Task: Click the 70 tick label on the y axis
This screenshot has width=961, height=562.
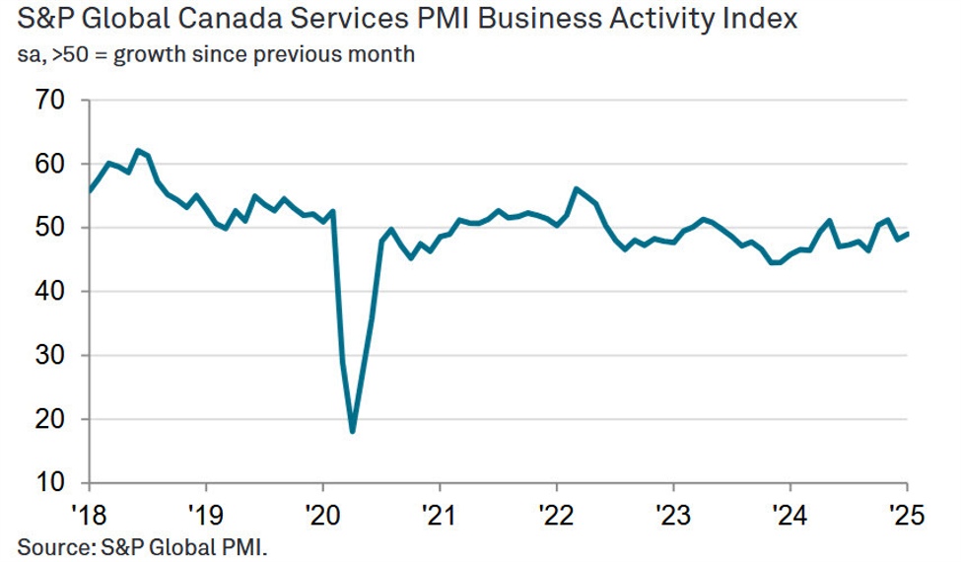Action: (x=49, y=101)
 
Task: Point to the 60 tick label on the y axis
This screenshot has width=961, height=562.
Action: (x=49, y=164)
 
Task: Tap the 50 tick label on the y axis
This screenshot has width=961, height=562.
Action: (x=49, y=228)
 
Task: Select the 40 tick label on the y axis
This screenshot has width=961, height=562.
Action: (x=49, y=292)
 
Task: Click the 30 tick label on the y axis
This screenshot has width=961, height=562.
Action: (x=49, y=355)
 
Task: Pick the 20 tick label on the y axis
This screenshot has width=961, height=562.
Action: (x=49, y=419)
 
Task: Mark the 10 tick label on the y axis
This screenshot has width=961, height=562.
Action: (x=49, y=483)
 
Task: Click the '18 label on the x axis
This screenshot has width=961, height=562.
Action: (x=89, y=514)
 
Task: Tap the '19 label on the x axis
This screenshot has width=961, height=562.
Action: (x=206, y=514)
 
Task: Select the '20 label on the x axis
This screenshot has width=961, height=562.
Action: (x=322, y=514)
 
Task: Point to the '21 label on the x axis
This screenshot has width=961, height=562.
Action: (x=440, y=514)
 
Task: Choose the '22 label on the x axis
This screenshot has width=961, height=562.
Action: (x=556, y=514)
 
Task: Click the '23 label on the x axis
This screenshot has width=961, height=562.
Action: (x=673, y=514)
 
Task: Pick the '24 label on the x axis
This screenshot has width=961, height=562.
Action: (x=789, y=514)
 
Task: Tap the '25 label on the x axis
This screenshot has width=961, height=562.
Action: (x=905, y=514)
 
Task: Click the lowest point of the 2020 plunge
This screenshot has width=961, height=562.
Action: (x=352, y=431)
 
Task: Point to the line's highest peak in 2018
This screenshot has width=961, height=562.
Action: (x=138, y=151)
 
